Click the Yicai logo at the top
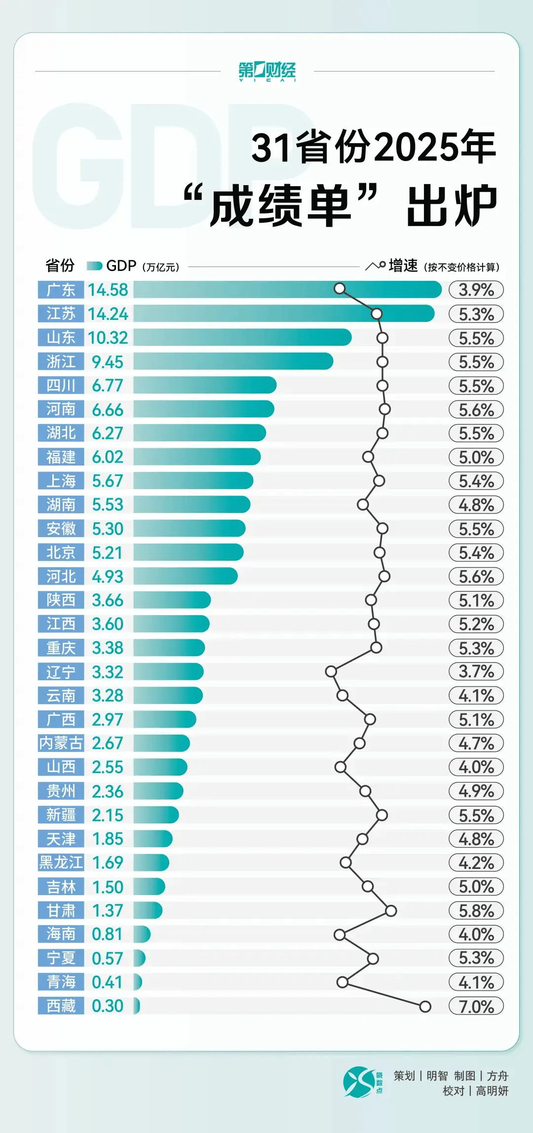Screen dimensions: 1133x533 pyautogui.click(x=267, y=71)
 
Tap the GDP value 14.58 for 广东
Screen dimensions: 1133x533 pyautogui.click(x=108, y=290)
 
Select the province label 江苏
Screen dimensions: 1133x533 pyautogui.click(x=61, y=313)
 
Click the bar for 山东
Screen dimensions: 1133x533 pyautogui.click(x=242, y=338)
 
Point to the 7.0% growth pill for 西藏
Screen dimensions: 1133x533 pyautogui.click(x=476, y=1006)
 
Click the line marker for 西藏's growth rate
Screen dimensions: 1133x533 pyautogui.click(x=425, y=1006)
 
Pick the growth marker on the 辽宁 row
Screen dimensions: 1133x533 pyautogui.click(x=331, y=671)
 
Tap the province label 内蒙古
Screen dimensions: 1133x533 pyautogui.click(x=61, y=743)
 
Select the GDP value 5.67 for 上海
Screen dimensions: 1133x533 pyautogui.click(x=108, y=481)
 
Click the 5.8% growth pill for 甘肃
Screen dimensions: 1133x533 pyautogui.click(x=476, y=910)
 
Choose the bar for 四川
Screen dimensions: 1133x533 pyautogui.click(x=204, y=386)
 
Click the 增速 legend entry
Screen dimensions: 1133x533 pyautogui.click(x=403, y=266)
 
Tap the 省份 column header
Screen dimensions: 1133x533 pyautogui.click(x=60, y=266)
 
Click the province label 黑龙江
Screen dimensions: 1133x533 pyautogui.click(x=61, y=862)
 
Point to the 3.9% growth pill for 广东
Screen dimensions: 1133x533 pyautogui.click(x=476, y=290)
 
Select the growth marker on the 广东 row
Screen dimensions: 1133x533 pyautogui.click(x=340, y=288)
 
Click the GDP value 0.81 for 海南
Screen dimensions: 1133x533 pyautogui.click(x=108, y=934)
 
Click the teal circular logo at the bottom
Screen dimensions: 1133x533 pyautogui.click(x=359, y=1082)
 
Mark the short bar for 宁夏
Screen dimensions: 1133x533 pyautogui.click(x=139, y=958)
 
